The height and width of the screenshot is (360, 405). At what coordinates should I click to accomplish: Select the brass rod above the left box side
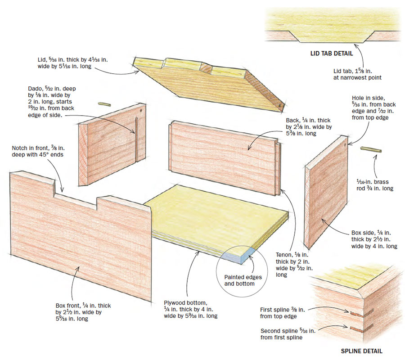104,103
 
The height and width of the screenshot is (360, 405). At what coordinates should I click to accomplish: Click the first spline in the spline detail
356,314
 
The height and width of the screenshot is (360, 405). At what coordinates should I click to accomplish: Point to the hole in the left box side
141,110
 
